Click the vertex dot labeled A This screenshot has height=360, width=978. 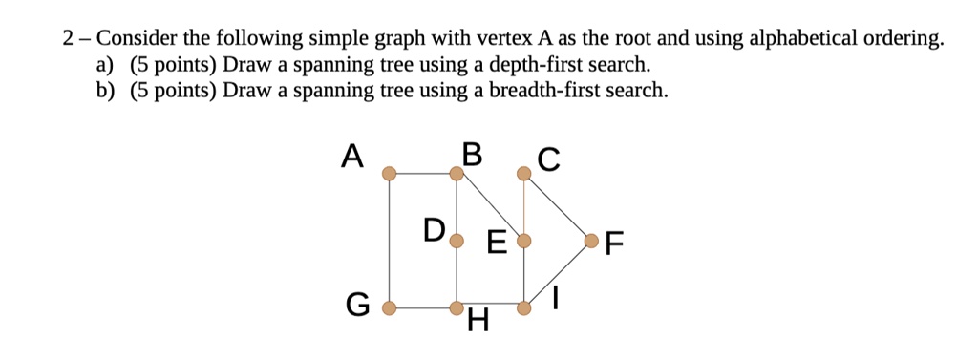(x=389, y=174)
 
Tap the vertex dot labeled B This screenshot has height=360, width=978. (x=457, y=174)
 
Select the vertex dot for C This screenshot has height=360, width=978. (x=523, y=174)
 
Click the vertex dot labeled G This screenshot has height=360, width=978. (x=389, y=308)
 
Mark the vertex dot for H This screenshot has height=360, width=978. (x=457, y=308)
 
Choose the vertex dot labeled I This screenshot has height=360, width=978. (x=523, y=308)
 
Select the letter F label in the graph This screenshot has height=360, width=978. (x=614, y=244)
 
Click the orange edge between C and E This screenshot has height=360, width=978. (x=523, y=205)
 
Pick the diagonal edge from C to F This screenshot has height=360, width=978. (x=558, y=206)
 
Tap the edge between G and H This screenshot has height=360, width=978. (x=422, y=308)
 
